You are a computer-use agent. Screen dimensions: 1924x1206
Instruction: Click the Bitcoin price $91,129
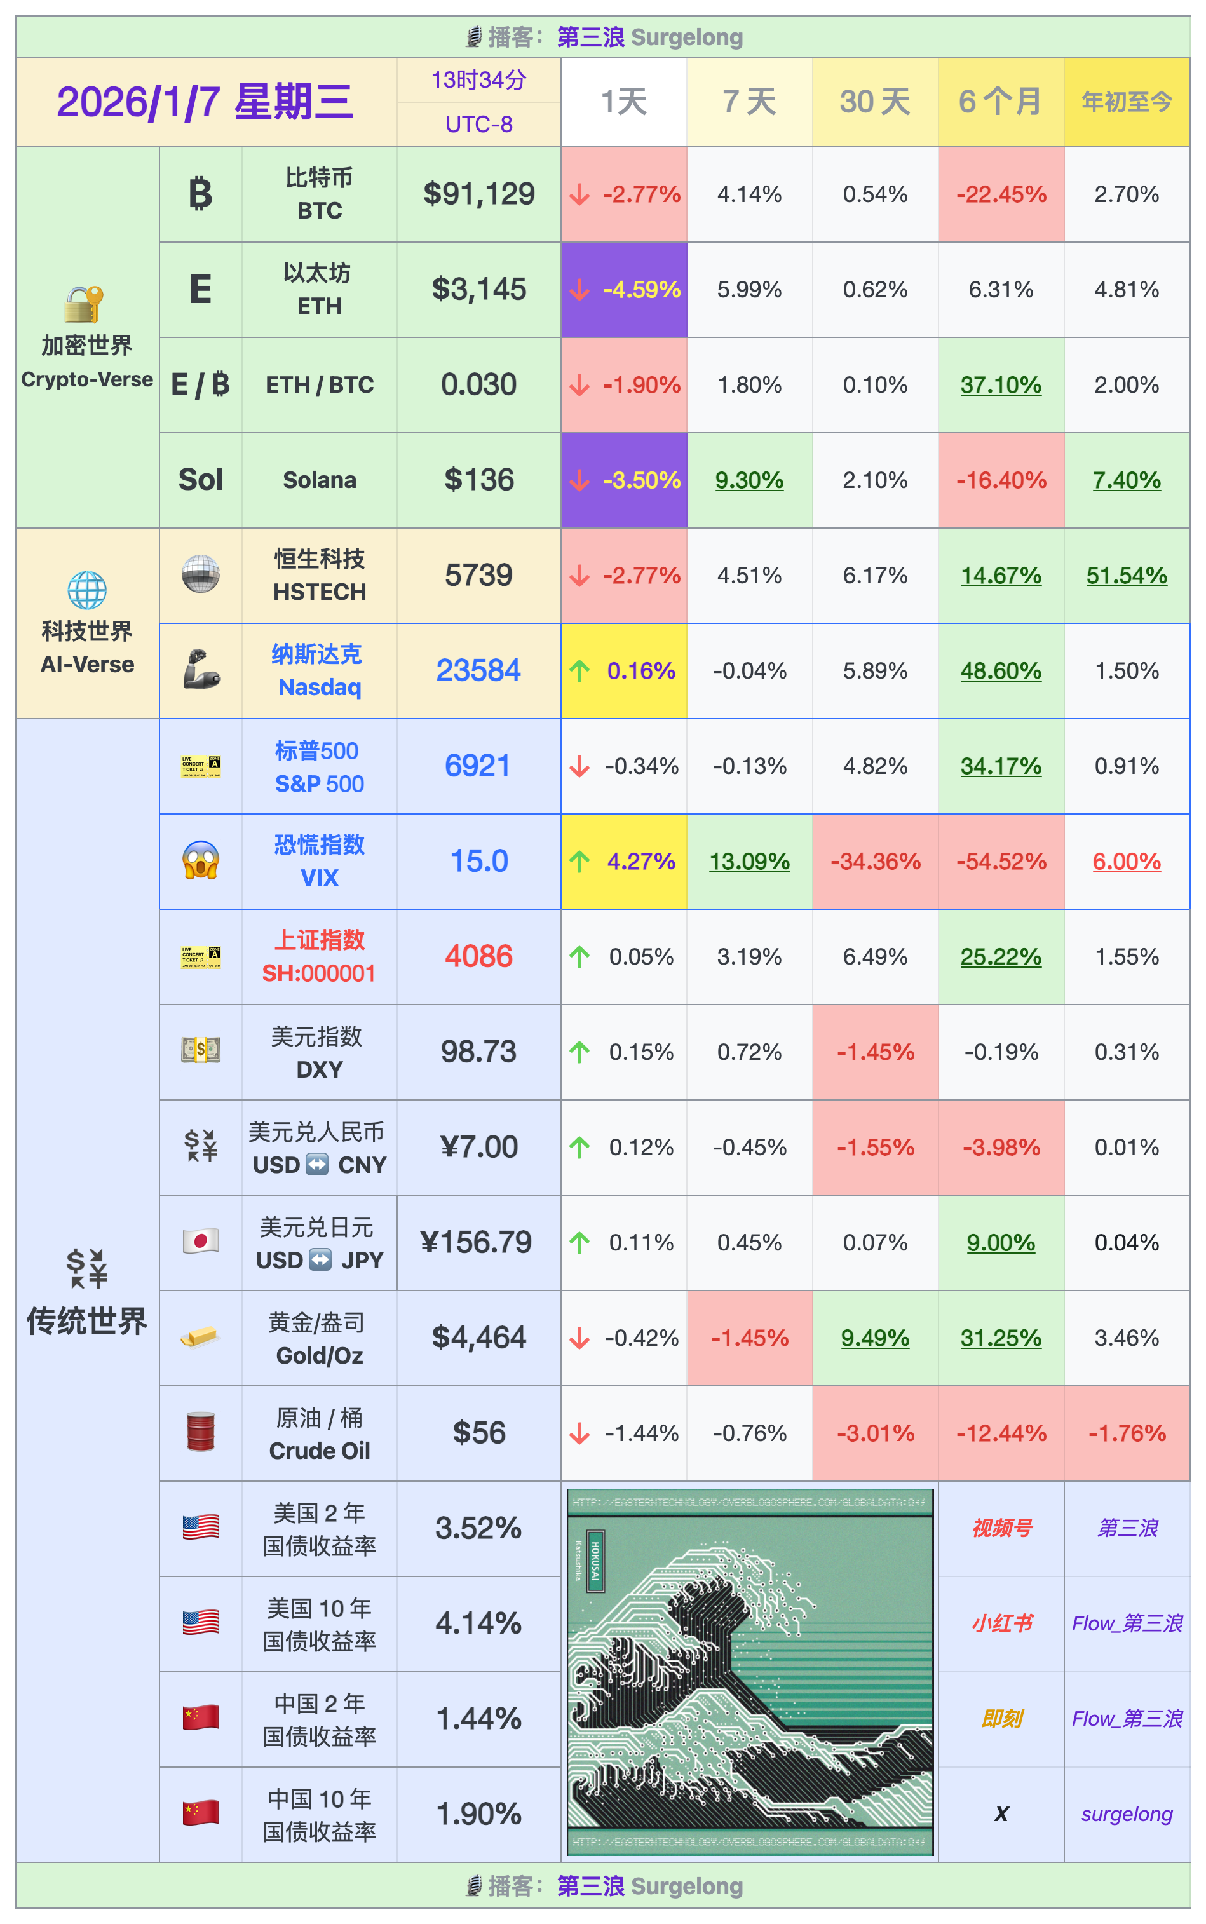478,194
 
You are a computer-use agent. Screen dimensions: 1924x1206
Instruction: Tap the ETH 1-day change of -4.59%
624,290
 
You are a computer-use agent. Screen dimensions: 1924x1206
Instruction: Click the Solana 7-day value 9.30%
749,480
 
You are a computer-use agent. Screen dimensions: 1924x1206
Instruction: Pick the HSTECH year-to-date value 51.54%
1126,575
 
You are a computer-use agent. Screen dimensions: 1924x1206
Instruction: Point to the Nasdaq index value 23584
478,670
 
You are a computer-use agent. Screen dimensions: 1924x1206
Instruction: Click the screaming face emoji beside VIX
200,861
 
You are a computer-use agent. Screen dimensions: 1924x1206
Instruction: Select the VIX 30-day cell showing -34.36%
875,862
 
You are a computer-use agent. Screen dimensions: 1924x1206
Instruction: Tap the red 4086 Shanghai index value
478,956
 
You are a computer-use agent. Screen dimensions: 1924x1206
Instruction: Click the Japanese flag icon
200,1241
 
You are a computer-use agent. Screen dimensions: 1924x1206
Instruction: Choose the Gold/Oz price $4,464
478,1337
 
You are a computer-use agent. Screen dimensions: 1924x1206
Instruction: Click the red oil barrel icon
200,1432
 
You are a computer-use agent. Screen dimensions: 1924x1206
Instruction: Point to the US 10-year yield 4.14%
478,1622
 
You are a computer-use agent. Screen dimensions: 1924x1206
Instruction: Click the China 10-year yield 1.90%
478,1813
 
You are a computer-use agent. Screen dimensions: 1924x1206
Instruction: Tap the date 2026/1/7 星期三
205,102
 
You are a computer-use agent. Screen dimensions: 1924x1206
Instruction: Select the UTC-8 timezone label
478,125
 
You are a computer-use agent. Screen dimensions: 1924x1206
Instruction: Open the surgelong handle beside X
1126,1814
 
